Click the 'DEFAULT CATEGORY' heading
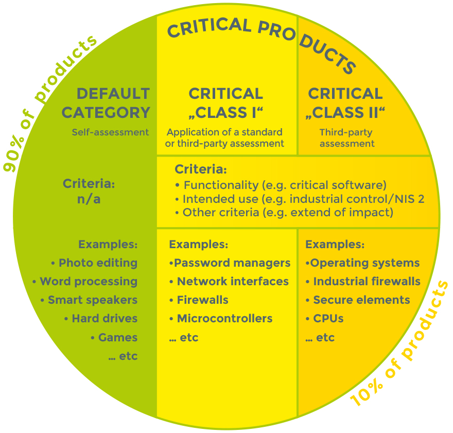[113, 103]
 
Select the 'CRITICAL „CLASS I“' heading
[226, 103]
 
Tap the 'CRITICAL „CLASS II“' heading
[345, 103]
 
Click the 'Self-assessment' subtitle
[110, 132]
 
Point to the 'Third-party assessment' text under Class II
[347, 138]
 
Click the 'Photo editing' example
[98, 263]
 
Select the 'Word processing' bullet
[89, 282]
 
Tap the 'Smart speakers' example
[93, 300]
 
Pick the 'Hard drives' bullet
[104, 319]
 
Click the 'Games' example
[118, 338]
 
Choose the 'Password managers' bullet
[232, 263]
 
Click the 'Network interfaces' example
[233, 282]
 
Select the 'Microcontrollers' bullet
[224, 319]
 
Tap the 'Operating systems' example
[365, 263]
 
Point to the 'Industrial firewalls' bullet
[367, 282]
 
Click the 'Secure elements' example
[361, 300]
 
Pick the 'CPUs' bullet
[328, 319]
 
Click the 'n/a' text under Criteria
[89, 199]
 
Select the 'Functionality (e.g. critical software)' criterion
[285, 185]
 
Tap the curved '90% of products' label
[49, 103]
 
